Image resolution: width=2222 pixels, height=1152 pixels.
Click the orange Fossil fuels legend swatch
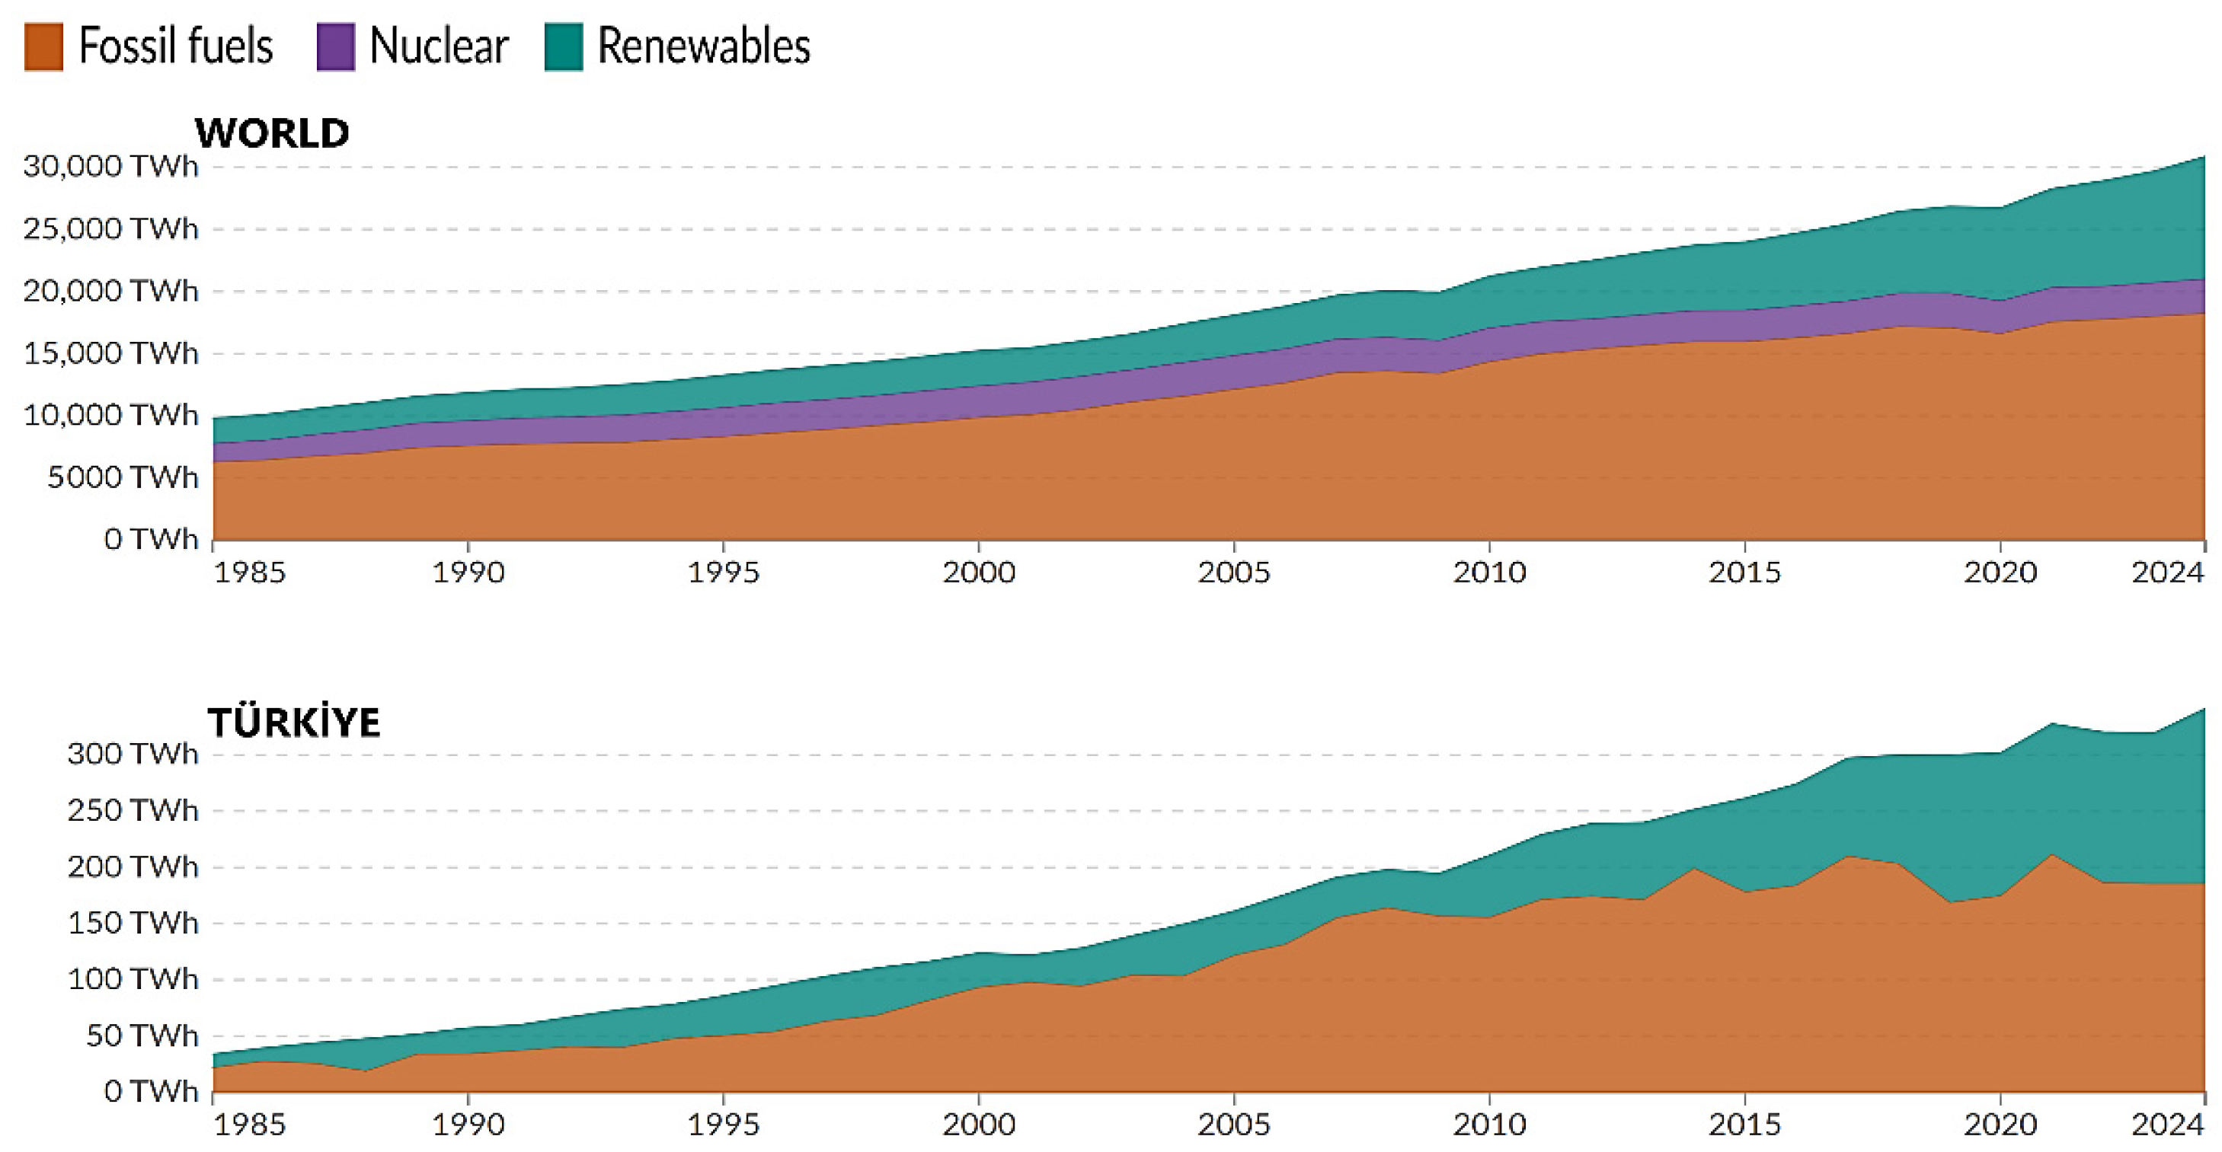tap(43, 46)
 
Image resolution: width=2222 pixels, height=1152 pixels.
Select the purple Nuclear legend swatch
tap(335, 46)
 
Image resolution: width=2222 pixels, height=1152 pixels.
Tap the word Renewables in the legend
tap(703, 46)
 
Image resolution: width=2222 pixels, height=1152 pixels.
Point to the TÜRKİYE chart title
tap(293, 723)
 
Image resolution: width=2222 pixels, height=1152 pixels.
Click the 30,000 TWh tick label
tap(110, 165)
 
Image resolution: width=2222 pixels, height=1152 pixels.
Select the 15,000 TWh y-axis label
tap(110, 353)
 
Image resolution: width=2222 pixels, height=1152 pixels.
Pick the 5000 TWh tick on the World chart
tap(123, 477)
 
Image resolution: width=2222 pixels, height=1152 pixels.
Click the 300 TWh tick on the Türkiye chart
tap(133, 754)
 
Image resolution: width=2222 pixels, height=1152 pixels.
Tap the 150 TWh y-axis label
tap(133, 923)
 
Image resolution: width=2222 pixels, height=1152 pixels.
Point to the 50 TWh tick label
tap(142, 1035)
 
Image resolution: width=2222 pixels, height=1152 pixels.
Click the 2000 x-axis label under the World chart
tap(978, 573)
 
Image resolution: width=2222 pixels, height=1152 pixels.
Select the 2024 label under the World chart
tap(2167, 573)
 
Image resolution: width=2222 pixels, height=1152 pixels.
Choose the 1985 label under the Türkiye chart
tap(249, 1125)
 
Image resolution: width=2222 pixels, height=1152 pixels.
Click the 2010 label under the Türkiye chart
tap(1488, 1125)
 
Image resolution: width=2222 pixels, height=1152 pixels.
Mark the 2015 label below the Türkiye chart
tap(1744, 1125)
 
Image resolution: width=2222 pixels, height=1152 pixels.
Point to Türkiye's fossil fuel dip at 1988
tap(366, 1071)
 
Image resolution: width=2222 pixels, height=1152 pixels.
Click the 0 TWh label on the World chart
tap(151, 540)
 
